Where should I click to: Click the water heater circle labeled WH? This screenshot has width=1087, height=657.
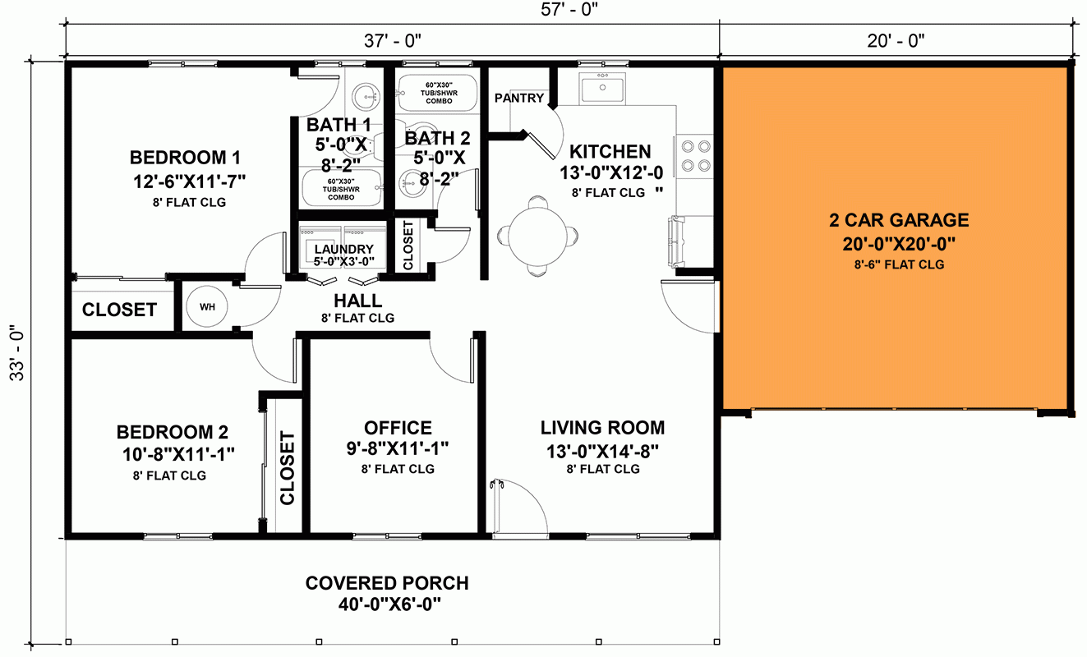(207, 307)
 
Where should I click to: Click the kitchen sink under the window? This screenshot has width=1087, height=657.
(602, 87)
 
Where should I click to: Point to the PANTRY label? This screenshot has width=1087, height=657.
(519, 99)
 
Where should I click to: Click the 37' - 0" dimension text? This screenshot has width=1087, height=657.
(392, 39)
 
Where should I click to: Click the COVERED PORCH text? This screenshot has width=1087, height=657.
(387, 583)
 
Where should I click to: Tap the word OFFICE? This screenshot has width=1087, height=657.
(398, 428)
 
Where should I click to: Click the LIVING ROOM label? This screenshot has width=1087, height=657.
(602, 428)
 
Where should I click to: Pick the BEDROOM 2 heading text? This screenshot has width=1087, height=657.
(173, 432)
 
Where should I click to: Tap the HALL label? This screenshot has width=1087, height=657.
(357, 301)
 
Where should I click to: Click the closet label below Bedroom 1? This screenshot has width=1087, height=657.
(119, 310)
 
